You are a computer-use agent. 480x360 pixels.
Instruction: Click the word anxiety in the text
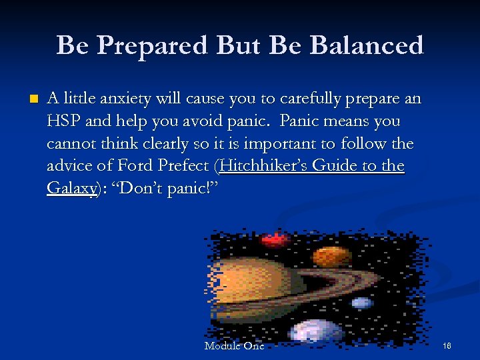pos(126,99)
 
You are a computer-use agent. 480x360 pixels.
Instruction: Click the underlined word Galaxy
pos(71,188)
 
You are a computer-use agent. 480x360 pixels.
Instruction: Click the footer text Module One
pos(234,346)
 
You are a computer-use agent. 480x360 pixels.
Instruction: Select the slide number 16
pos(446,346)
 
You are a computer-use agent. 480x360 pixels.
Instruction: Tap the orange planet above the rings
pos(328,255)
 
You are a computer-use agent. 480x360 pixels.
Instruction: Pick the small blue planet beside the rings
pos(361,303)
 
